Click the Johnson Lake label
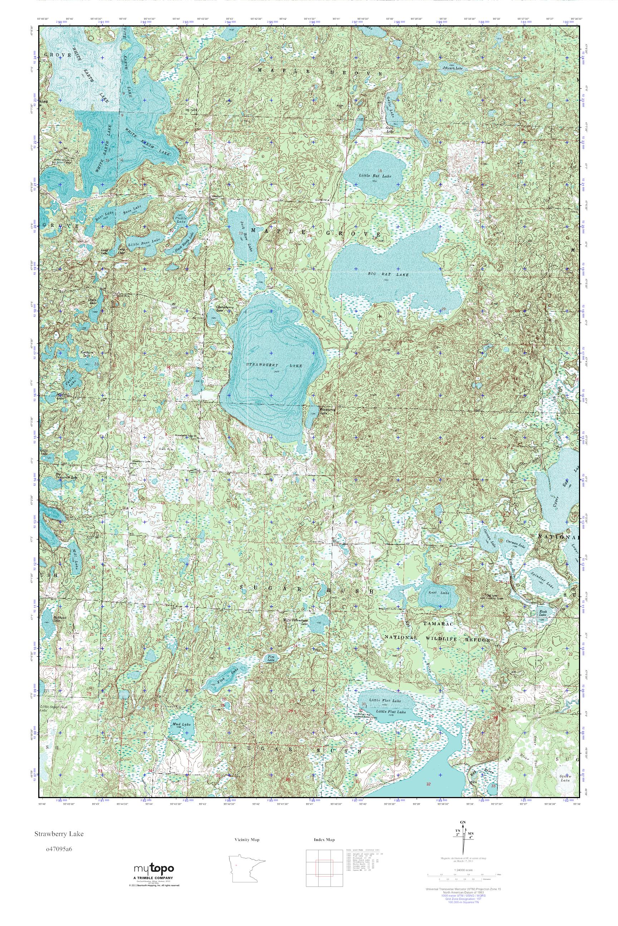(x=452, y=68)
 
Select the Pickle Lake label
(x=181, y=220)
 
